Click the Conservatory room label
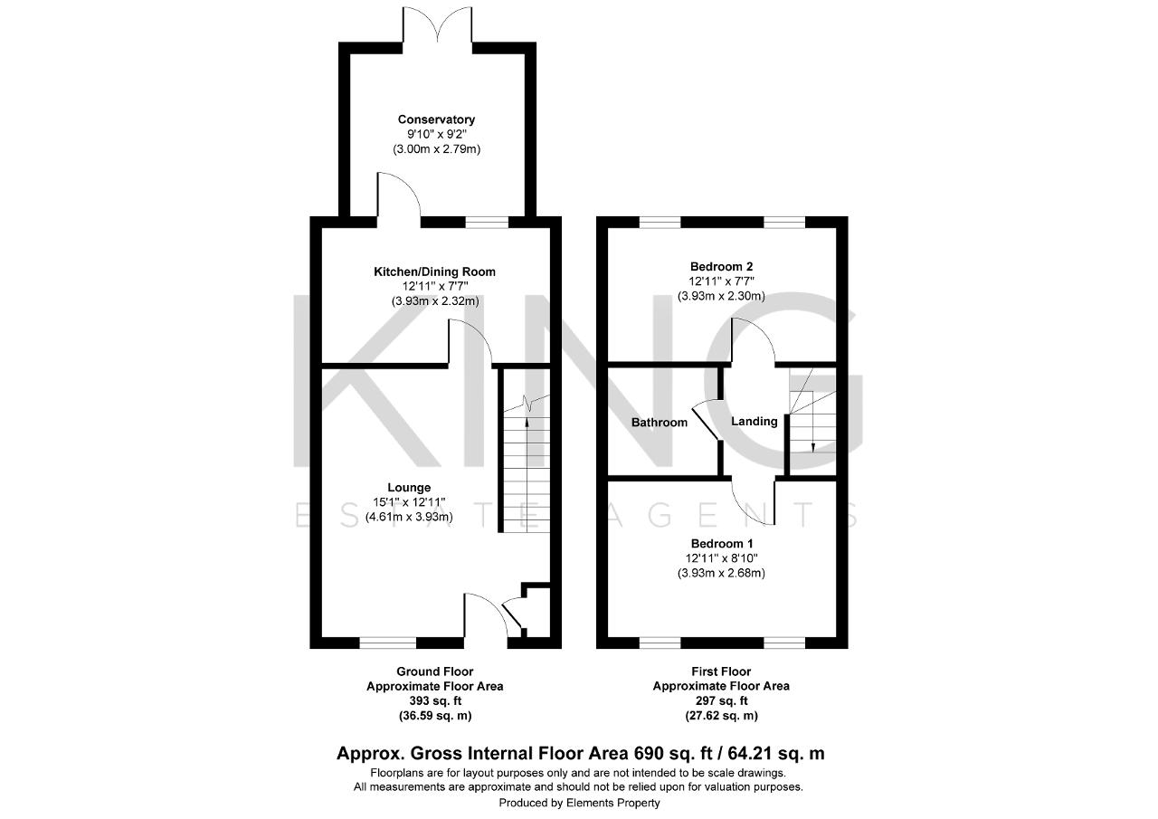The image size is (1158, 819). click(x=436, y=119)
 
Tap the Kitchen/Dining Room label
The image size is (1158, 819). click(x=435, y=271)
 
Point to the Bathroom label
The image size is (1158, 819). click(x=659, y=422)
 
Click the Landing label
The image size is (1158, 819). click(x=754, y=421)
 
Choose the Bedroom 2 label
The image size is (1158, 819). click(x=721, y=266)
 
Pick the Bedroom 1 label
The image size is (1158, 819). click(x=721, y=543)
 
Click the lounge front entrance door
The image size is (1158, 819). click(x=487, y=615)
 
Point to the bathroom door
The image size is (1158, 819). click(x=706, y=421)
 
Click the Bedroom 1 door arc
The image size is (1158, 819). click(x=754, y=502)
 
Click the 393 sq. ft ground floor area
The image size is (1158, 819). click(x=435, y=700)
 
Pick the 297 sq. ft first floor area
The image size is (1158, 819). click(x=721, y=700)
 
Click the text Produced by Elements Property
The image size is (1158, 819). click(x=579, y=803)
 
